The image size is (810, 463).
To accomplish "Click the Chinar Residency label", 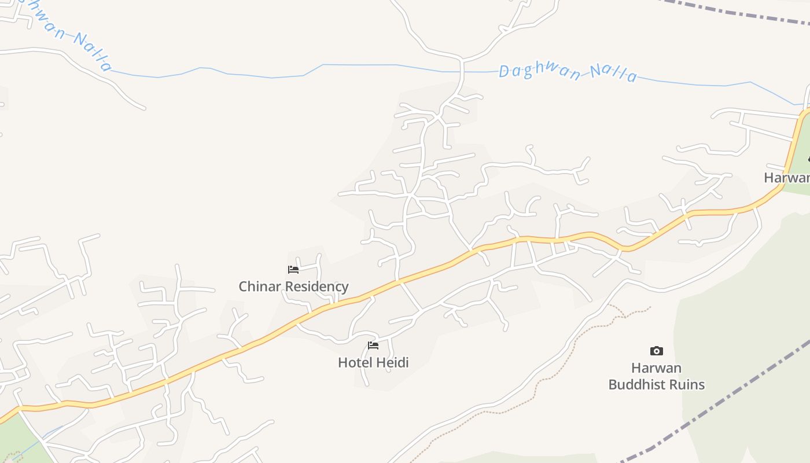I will (x=293, y=286).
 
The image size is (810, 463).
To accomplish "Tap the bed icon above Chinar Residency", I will (x=293, y=270).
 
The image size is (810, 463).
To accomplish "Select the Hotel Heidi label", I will (x=373, y=363).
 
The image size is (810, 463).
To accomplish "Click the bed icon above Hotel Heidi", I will (x=373, y=346).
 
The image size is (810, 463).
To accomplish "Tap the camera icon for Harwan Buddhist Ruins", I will (x=656, y=351).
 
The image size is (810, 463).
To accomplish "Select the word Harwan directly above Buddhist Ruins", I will (x=656, y=368).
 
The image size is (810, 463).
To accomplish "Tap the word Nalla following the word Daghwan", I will (x=613, y=74).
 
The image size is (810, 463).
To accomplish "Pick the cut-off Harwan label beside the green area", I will (x=787, y=178).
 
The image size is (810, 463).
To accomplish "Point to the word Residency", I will (x=321, y=286).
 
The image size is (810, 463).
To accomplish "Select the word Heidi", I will (x=393, y=363).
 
